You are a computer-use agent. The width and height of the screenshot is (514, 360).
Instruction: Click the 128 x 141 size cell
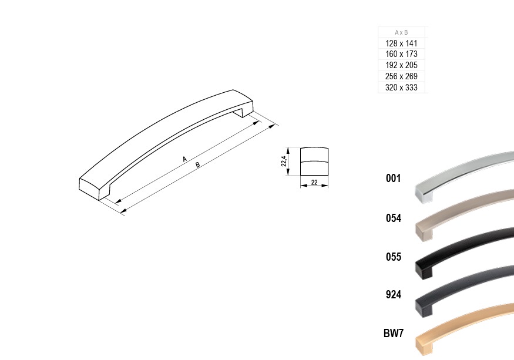401,43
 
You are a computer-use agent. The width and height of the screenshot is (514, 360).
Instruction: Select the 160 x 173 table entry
401,54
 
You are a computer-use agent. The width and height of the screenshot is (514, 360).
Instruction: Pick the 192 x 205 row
401,65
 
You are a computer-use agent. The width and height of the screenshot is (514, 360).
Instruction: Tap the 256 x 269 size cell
401,76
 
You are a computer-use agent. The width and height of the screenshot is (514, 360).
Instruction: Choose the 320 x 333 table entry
401,88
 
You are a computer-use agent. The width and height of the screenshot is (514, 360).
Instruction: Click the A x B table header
401,32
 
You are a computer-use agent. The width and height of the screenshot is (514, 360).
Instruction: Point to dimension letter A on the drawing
184,159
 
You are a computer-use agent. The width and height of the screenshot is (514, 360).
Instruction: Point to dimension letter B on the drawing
197,164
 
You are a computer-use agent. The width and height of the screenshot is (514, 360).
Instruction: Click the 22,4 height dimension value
284,161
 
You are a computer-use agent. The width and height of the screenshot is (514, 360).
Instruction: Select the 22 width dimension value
314,182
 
